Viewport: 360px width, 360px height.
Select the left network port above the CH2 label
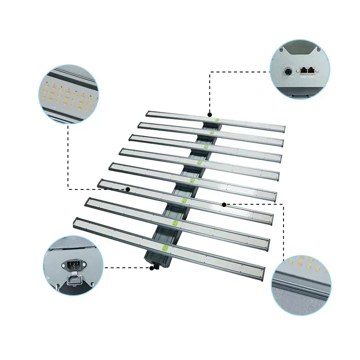pyautogui.click(x=303, y=70)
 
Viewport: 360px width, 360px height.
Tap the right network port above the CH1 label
pyautogui.click(x=310, y=70)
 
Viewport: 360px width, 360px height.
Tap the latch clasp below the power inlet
pyautogui.click(x=72, y=281)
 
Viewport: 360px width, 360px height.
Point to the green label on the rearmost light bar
pyautogui.click(x=216, y=120)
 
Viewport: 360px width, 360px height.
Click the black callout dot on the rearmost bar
pyautogui.click(x=209, y=115)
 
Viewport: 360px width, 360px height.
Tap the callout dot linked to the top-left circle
pyautogui.click(x=128, y=189)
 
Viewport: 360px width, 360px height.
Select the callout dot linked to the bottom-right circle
pyautogui.click(x=224, y=204)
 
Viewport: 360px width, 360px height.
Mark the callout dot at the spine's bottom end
pyautogui.click(x=153, y=267)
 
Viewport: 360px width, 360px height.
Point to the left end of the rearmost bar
pyautogui.click(x=148, y=113)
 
